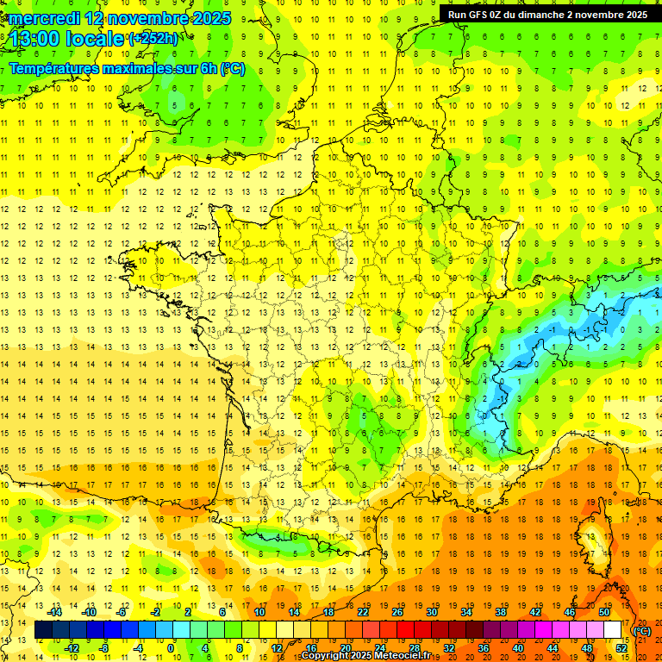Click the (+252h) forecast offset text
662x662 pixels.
[153, 39]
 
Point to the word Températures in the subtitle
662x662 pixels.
[59, 69]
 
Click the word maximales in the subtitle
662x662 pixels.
[151, 69]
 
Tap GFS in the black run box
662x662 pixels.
[478, 15]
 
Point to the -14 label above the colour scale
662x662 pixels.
[55, 612]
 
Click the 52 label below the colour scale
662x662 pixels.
[621, 648]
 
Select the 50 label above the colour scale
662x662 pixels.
[604, 612]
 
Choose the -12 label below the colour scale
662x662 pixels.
[72, 648]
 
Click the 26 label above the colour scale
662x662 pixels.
[397, 612]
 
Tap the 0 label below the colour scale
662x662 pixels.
[171, 648]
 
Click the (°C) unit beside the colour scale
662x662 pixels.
[642, 630]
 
